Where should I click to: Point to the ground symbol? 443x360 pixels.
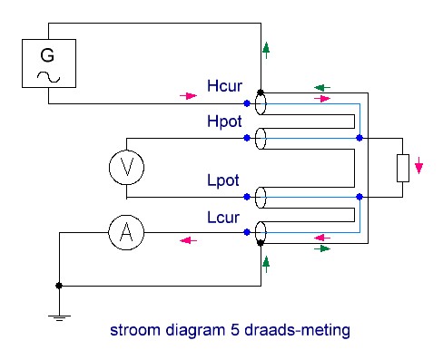[59, 317]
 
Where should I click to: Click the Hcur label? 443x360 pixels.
[224, 86]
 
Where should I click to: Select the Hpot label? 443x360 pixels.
[224, 122]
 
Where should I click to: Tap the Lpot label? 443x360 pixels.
[223, 180]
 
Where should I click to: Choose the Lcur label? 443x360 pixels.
[223, 218]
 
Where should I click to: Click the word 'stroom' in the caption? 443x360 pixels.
[135, 330]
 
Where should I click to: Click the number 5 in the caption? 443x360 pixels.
[235, 330]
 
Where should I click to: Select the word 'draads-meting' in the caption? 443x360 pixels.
[297, 330]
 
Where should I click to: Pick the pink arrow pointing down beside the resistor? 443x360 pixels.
[418, 165]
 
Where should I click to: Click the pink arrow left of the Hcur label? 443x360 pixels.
[188, 96]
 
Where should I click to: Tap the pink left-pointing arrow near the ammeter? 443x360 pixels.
[188, 240]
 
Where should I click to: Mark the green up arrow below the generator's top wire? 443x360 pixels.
[266, 50]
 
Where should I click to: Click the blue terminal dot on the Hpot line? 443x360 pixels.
[247, 138]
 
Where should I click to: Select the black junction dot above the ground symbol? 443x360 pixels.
[59, 286]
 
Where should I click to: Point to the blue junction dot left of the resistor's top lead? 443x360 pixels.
[359, 138]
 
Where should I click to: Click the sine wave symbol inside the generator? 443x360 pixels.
[48, 77]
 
